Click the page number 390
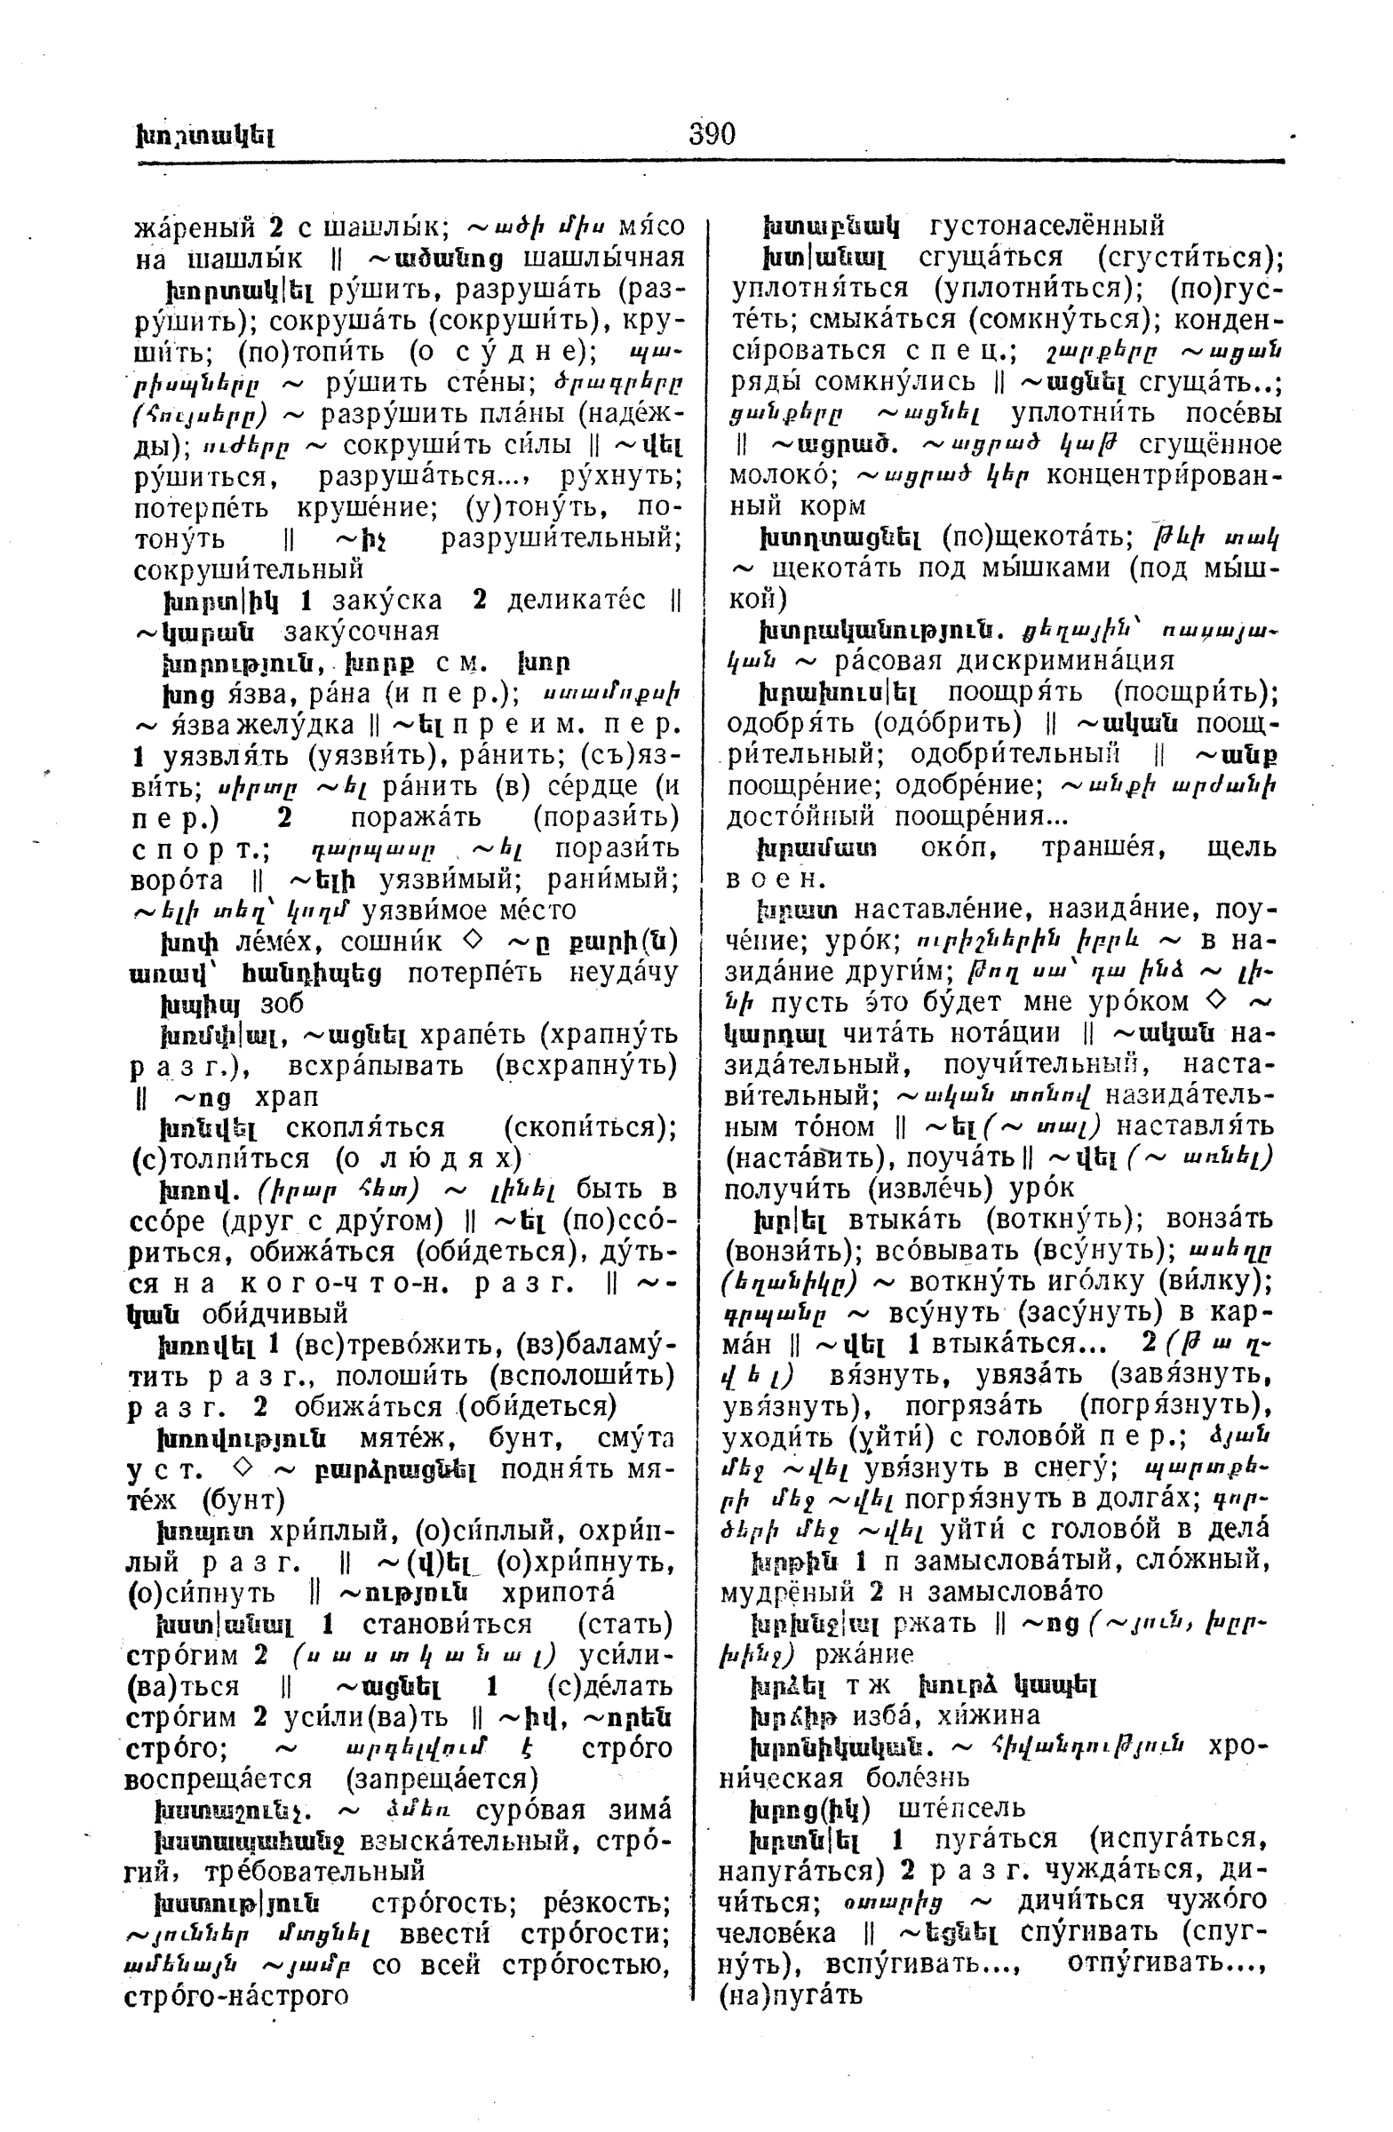[x=712, y=134]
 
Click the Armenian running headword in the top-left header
[x=205, y=137]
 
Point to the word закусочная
[x=361, y=632]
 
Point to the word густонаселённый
[x=1047, y=224]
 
